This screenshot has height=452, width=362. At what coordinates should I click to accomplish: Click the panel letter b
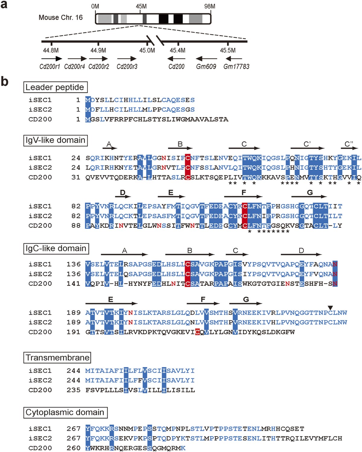click(5, 81)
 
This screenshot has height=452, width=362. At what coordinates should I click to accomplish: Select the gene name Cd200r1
click(50, 66)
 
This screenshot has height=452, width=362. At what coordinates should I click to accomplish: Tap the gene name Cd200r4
click(75, 66)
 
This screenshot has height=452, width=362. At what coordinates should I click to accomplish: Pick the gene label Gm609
click(206, 66)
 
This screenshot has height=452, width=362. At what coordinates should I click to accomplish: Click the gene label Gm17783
click(236, 66)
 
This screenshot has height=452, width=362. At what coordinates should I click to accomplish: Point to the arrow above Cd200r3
click(127, 59)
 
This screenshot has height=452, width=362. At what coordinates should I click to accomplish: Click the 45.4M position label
click(177, 50)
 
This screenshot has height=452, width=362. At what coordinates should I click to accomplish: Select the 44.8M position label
click(51, 50)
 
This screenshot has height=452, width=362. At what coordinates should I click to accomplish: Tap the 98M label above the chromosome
click(210, 6)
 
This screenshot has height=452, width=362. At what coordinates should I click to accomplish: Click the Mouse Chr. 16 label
click(61, 18)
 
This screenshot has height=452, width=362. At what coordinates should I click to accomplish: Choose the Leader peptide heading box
click(56, 87)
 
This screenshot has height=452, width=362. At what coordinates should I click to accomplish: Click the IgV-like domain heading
click(56, 140)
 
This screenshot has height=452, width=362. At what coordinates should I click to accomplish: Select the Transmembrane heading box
click(57, 358)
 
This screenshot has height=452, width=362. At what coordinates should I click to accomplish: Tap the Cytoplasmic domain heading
click(65, 412)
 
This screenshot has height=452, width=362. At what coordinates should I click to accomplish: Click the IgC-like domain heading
click(56, 249)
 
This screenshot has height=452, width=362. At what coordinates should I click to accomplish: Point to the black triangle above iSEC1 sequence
click(330, 308)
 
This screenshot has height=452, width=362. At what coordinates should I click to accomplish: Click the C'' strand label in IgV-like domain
click(349, 144)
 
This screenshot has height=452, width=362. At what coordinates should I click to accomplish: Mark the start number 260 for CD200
click(73, 448)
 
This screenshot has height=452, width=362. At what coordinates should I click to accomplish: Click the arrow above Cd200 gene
click(176, 59)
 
